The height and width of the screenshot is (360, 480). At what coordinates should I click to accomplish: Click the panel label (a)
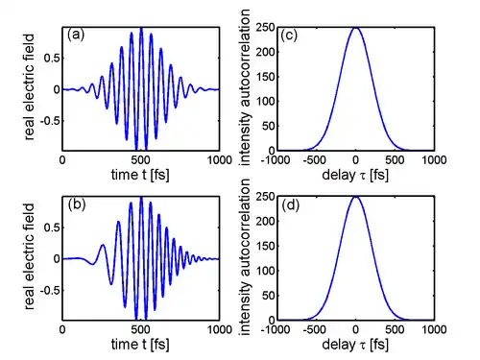(76, 35)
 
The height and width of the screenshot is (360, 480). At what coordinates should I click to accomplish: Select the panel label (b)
(77, 204)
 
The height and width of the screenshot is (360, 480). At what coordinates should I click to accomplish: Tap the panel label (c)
(289, 36)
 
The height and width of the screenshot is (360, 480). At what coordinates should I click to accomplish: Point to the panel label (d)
(290, 205)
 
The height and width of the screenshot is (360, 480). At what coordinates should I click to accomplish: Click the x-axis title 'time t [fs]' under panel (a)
(140, 175)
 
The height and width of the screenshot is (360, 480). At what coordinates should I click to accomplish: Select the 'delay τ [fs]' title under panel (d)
(355, 345)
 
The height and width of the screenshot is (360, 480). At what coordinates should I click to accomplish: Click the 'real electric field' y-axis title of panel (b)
(29, 256)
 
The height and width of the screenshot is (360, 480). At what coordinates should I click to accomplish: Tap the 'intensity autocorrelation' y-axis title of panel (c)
(245, 87)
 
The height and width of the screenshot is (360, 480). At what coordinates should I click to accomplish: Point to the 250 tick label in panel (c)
(265, 28)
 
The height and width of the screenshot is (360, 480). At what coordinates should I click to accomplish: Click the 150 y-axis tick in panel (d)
(265, 246)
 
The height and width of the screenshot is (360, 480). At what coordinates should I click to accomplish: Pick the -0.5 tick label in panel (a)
(50, 121)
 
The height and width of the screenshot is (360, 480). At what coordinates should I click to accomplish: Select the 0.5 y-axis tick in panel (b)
(52, 228)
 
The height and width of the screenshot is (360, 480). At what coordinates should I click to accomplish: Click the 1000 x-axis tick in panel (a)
(220, 159)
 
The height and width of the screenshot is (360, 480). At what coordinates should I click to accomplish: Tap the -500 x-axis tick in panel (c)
(315, 159)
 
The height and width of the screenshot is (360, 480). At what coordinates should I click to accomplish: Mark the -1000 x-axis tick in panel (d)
(276, 329)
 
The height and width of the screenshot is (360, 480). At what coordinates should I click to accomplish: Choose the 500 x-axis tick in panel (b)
(141, 329)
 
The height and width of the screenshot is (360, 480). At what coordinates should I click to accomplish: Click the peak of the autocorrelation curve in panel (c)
(355, 28)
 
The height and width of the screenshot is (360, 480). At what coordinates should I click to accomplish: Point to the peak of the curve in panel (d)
(355, 197)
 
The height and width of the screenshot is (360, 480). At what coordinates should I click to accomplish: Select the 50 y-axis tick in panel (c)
(269, 126)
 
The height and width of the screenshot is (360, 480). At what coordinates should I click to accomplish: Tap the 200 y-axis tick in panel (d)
(265, 221)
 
